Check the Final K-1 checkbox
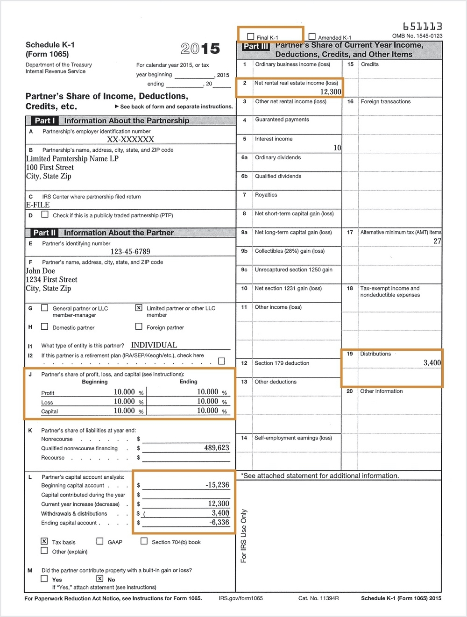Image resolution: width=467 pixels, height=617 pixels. [x=251, y=36]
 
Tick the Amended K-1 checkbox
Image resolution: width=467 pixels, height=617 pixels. [x=312, y=36]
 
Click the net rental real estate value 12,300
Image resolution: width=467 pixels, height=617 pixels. [x=330, y=92]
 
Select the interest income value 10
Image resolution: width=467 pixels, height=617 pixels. [x=337, y=148]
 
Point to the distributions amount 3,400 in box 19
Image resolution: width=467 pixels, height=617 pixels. [x=432, y=362]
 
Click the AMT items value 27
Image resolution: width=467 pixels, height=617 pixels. [x=437, y=241]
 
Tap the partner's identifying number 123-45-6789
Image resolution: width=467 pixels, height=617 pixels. [x=130, y=251]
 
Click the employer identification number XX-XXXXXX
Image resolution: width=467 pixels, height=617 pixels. [x=130, y=139]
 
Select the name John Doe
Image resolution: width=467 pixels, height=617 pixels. [x=41, y=271]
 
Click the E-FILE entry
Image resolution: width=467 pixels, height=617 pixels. [x=38, y=205]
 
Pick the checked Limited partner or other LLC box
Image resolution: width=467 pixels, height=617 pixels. [x=139, y=308]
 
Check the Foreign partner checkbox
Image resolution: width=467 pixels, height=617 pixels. [x=139, y=326]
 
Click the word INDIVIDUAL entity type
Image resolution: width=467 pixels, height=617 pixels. [x=154, y=345]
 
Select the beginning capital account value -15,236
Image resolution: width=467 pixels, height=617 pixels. [x=217, y=485]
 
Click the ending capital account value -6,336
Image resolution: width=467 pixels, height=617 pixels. [x=219, y=522]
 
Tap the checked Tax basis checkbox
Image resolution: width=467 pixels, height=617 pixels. [x=44, y=541]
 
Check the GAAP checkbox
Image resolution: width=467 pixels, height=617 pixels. [x=100, y=541]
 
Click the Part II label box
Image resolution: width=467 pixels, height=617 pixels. [x=44, y=233]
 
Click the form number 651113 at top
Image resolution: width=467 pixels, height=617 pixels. [x=422, y=27]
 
